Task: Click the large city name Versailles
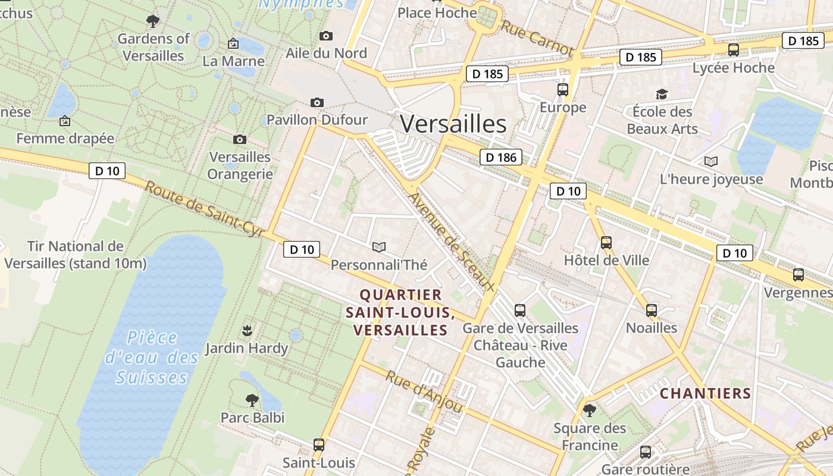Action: pos(453,124)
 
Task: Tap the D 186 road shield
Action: pos(500,157)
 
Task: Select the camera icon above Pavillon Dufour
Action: pos(317,102)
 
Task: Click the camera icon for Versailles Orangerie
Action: pos(240,139)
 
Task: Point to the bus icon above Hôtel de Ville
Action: pos(606,242)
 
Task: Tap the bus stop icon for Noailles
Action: pos(652,310)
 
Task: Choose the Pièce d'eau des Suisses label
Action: pos(152,358)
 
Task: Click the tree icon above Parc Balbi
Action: pos(252,400)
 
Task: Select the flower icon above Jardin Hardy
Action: pos(247,330)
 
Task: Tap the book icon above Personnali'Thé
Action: pos(378,247)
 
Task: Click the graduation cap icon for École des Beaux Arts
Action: pos(662,94)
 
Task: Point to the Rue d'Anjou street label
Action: pos(424,392)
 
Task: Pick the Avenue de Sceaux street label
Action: pos(452,241)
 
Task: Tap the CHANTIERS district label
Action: pos(706,393)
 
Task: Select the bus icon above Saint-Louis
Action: pos(319,444)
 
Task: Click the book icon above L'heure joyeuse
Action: pos(711,161)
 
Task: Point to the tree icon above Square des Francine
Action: pos(590,410)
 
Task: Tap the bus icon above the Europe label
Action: pos(563,90)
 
